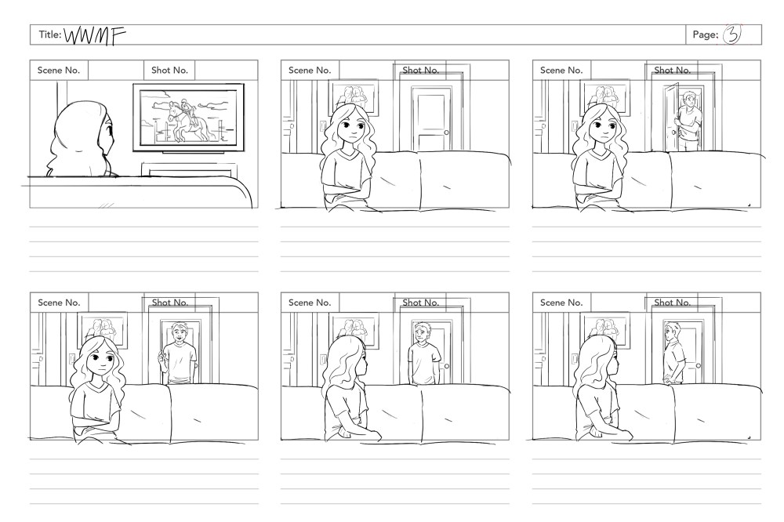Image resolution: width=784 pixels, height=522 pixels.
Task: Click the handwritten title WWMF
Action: (x=95, y=35)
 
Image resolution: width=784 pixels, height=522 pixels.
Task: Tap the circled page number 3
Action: (x=732, y=34)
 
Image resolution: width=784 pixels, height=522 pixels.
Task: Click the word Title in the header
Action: (x=49, y=34)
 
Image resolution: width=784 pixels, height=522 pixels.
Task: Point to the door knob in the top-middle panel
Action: (x=447, y=132)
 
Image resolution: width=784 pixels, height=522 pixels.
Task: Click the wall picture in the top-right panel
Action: (x=605, y=97)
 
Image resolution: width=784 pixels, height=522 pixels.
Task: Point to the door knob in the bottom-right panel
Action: (x=698, y=365)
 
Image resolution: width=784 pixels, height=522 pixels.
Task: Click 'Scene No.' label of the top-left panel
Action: (x=59, y=71)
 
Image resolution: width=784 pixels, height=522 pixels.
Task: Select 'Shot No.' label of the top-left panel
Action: (x=169, y=71)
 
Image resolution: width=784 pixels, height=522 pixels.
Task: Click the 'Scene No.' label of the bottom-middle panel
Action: (x=310, y=303)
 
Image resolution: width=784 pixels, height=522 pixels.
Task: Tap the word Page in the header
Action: (x=705, y=34)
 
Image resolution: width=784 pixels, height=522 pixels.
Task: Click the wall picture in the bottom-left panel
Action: (x=103, y=329)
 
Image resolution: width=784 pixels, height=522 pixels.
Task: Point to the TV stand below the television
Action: (x=188, y=169)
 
